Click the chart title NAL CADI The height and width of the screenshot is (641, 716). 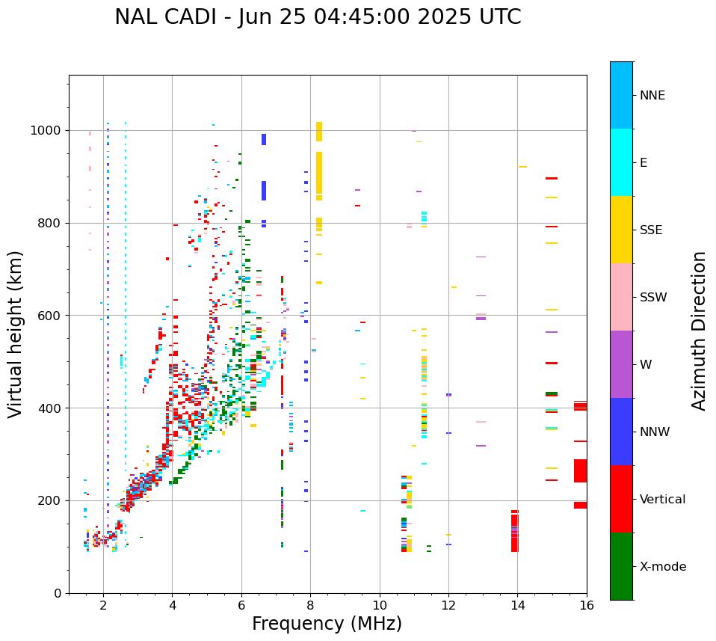coord(318,17)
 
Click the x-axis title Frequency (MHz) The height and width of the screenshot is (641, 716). coord(327,624)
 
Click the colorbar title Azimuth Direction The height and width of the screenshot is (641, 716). coord(699,331)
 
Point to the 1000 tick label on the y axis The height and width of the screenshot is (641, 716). coord(46,131)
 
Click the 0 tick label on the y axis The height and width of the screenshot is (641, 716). coord(58,593)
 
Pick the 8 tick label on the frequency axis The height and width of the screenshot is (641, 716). coord(310,605)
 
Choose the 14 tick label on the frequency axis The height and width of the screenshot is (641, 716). coord(517,605)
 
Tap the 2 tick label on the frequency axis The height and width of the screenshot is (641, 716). coord(103,605)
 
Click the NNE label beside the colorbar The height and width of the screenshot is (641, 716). coord(652,96)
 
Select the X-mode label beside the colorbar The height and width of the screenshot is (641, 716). coord(662,567)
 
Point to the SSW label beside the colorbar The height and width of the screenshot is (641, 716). coord(652,298)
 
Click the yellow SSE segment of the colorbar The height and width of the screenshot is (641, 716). coord(621,230)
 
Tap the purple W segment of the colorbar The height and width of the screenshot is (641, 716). coord(621,364)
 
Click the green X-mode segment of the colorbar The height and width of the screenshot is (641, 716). coord(621,566)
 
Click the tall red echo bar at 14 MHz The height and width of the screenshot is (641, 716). coord(514,531)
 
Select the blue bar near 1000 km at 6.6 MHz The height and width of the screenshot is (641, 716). coord(263,139)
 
